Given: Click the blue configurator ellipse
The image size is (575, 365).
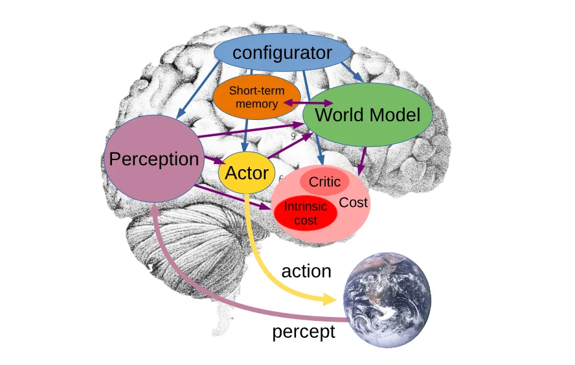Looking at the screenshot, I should click(x=282, y=53).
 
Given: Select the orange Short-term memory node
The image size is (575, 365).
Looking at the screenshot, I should click(x=257, y=97).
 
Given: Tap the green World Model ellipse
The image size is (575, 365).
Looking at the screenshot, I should click(x=367, y=115).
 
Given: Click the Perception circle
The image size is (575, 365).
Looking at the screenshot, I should click(x=154, y=159).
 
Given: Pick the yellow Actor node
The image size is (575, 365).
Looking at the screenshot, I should click(x=247, y=173).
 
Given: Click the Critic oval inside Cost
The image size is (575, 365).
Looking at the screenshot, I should click(x=324, y=182).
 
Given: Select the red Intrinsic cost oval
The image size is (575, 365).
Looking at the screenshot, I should click(x=306, y=213).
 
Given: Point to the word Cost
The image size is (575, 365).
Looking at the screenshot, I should click(x=354, y=202).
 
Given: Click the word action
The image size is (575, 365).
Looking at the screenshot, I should click(x=306, y=271).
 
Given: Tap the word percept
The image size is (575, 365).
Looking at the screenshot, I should click(x=303, y=332).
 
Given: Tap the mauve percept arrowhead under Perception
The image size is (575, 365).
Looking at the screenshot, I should click(x=154, y=211).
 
